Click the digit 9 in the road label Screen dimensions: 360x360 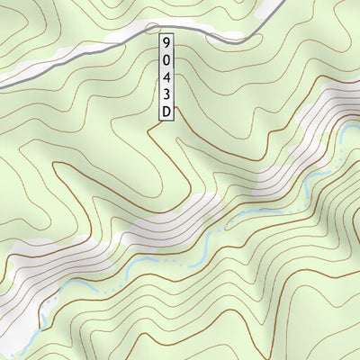click(x=166, y=42)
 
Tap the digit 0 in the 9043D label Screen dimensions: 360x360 click(x=166, y=59)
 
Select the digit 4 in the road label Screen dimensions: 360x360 click(x=166, y=77)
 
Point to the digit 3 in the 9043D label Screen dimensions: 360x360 click(x=166, y=94)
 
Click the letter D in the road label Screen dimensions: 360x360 click(x=166, y=112)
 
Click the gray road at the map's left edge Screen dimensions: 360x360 click(x=4, y=85)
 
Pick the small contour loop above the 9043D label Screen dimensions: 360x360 click(x=155, y=28)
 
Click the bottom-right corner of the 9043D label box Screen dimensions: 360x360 click(x=175, y=121)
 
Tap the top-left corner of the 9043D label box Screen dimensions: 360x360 click(x=157, y=33)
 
